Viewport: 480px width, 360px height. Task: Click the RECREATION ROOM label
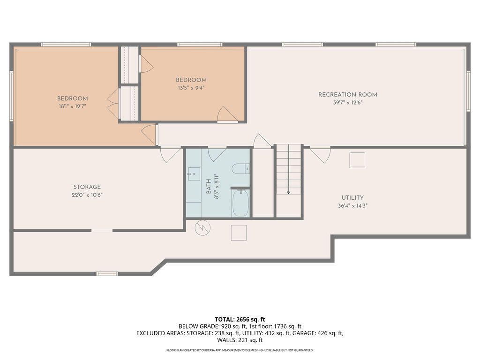tap(347, 95)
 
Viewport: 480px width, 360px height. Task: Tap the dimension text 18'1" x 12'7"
tap(72, 106)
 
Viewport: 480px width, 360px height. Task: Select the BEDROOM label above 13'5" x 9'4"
tap(191, 80)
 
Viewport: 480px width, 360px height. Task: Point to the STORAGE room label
tap(87, 187)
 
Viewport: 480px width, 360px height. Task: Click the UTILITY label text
tap(352, 198)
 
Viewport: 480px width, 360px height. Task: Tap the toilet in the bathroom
tap(239, 169)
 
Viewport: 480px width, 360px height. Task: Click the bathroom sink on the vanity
tap(192, 174)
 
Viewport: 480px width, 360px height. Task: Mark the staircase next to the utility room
tap(288, 180)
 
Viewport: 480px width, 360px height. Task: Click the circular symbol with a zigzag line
tap(202, 228)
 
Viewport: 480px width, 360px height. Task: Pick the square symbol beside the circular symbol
tap(239, 232)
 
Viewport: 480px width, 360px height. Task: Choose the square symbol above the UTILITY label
tap(357, 160)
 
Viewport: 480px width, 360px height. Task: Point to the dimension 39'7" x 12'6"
tap(347, 102)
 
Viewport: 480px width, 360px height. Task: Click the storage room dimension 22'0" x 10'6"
tap(87, 195)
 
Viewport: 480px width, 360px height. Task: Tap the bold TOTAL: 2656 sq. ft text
tap(240, 319)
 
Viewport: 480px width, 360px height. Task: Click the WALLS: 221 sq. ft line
tap(240, 340)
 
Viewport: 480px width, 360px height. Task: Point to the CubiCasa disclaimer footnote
tap(240, 350)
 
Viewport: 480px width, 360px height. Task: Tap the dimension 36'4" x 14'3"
tap(352, 205)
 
